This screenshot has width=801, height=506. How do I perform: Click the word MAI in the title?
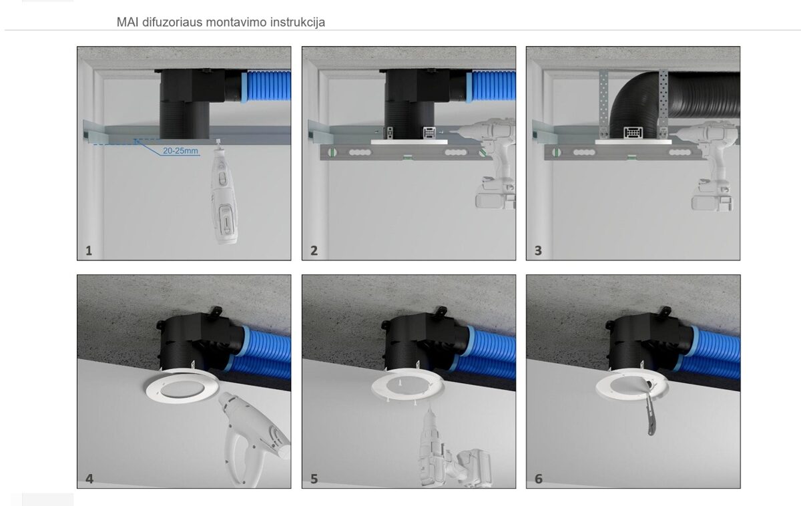127,22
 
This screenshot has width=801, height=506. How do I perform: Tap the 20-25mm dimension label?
181,151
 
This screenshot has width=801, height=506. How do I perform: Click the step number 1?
89,251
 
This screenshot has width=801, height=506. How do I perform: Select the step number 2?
314,251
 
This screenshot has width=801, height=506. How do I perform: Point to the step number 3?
538,251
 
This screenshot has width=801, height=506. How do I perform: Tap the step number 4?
89,479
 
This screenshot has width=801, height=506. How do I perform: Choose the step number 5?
314,479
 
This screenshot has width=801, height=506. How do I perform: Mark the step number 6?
539,479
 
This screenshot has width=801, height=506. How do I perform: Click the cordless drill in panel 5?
451,451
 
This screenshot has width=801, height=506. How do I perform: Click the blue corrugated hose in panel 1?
266,86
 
